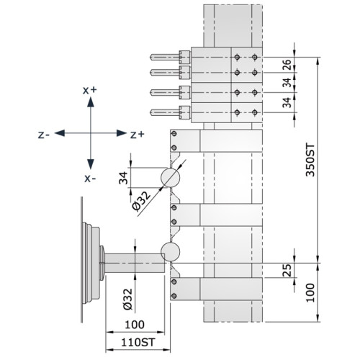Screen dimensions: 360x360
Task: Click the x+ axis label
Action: [x=89, y=90]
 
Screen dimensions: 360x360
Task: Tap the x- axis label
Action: [x=89, y=177]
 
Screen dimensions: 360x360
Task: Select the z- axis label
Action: [x=44, y=134]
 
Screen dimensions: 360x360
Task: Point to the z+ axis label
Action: [x=137, y=134]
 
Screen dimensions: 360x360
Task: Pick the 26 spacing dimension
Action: [x=287, y=64]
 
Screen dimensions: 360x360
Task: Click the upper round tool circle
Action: [x=171, y=177]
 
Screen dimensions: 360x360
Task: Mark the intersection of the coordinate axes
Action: [x=89, y=134]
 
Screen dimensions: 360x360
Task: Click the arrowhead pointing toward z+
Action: [x=122, y=134]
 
